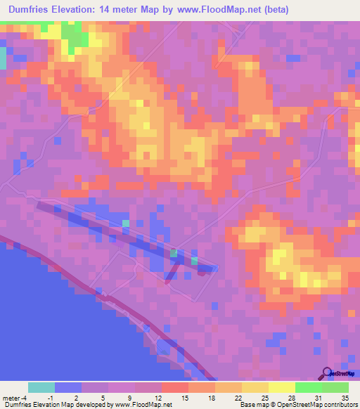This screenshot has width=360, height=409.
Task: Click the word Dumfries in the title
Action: coord(32,10)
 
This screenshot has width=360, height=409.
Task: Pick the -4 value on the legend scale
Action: coord(24,398)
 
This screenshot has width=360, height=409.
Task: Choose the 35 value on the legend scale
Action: coord(345,398)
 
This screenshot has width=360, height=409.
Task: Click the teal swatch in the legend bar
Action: coord(41,387)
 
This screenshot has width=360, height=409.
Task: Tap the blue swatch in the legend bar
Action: coord(68,387)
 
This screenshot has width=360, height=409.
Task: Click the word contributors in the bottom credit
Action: coord(341,405)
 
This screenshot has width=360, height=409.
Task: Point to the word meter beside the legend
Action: coord(11,398)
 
